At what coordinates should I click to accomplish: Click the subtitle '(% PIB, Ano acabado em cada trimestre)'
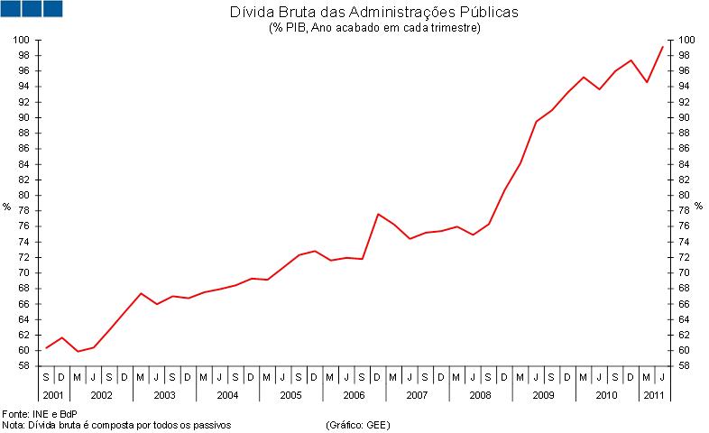click(x=373, y=28)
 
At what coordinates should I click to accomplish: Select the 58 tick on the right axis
click(x=686, y=365)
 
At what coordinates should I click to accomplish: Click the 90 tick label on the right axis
click(x=686, y=117)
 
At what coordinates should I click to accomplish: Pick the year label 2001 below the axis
click(x=53, y=396)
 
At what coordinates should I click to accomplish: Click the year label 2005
click(x=290, y=396)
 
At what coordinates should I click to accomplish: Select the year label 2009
click(x=543, y=396)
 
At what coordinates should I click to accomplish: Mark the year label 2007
click(x=417, y=396)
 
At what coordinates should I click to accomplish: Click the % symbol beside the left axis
click(x=7, y=207)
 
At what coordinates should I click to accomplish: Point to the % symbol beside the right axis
click(x=698, y=207)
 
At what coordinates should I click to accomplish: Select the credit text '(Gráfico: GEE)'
click(x=358, y=423)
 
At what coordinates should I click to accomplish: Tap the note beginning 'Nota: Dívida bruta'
click(x=117, y=423)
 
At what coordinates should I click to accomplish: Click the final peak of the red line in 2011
click(x=663, y=47)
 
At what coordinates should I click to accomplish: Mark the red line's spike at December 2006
click(x=378, y=214)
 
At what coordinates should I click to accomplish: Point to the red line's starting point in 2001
click(x=46, y=348)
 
